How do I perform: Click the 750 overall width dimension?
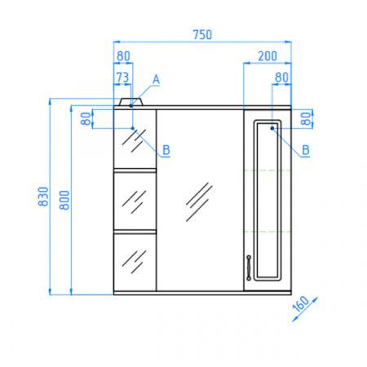pos(202,35)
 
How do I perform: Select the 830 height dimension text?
pos(43,197)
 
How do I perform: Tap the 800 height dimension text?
pos(64,200)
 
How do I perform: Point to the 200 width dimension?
pos(268,56)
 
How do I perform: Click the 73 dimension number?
pos(122,77)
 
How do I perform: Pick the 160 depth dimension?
pos(301,304)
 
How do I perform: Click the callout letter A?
pos(156,79)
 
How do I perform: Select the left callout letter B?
pos(166,150)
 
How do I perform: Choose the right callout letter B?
pos(306,150)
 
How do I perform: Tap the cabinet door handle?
pos(249,268)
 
